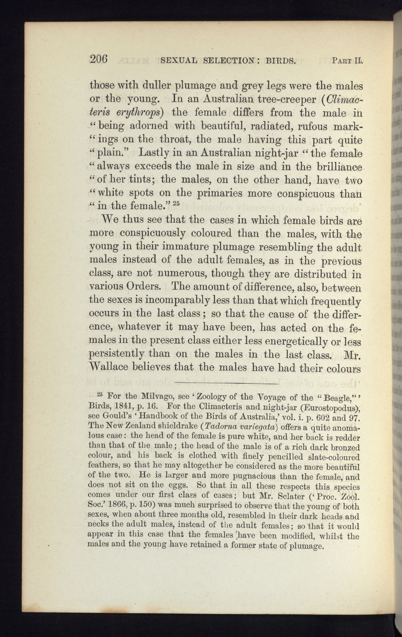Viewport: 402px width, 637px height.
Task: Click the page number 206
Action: point(99,59)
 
